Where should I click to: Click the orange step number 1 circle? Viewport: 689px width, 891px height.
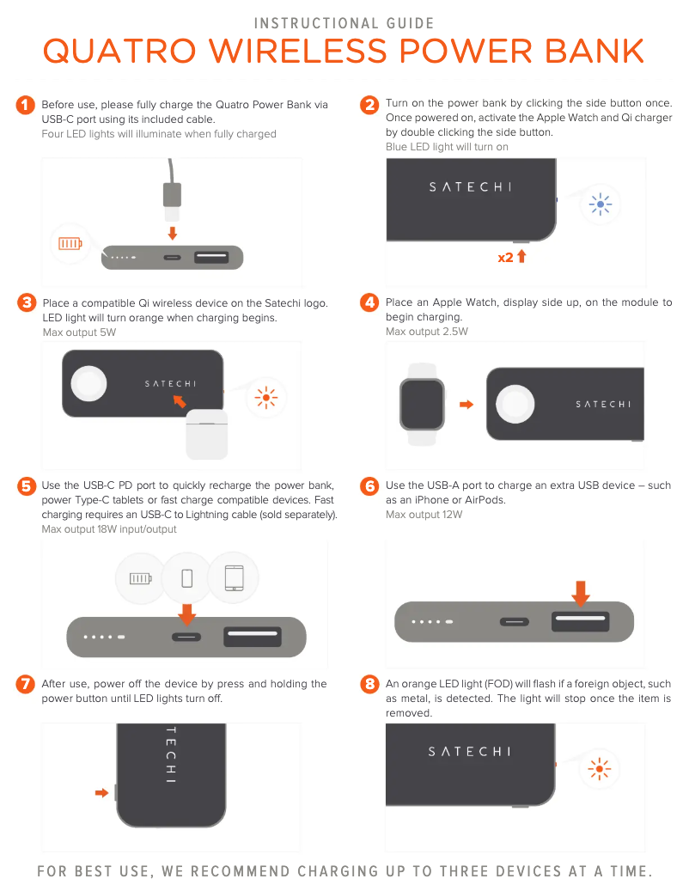26,105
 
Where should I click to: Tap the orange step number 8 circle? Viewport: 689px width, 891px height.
369,684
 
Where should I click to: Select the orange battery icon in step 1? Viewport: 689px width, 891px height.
70,244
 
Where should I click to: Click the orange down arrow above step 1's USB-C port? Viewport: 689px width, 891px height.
173,233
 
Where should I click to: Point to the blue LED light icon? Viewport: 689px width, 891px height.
601,204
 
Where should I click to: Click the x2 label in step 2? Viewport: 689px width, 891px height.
505,258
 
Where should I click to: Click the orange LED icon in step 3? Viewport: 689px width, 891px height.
265,397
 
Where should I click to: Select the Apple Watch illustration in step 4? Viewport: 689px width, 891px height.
422,405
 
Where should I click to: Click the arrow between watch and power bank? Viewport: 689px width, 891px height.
466,405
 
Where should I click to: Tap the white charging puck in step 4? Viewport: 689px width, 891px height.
515,404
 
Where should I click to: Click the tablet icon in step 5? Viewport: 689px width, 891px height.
234,578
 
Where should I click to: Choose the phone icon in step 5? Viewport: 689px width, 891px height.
187,578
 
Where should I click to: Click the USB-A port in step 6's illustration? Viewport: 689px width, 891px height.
581,621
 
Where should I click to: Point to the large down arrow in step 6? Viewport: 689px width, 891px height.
581,593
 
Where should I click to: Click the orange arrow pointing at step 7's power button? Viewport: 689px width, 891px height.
101,793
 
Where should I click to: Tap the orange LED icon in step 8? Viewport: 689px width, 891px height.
600,769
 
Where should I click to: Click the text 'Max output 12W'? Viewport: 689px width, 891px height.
424,515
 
